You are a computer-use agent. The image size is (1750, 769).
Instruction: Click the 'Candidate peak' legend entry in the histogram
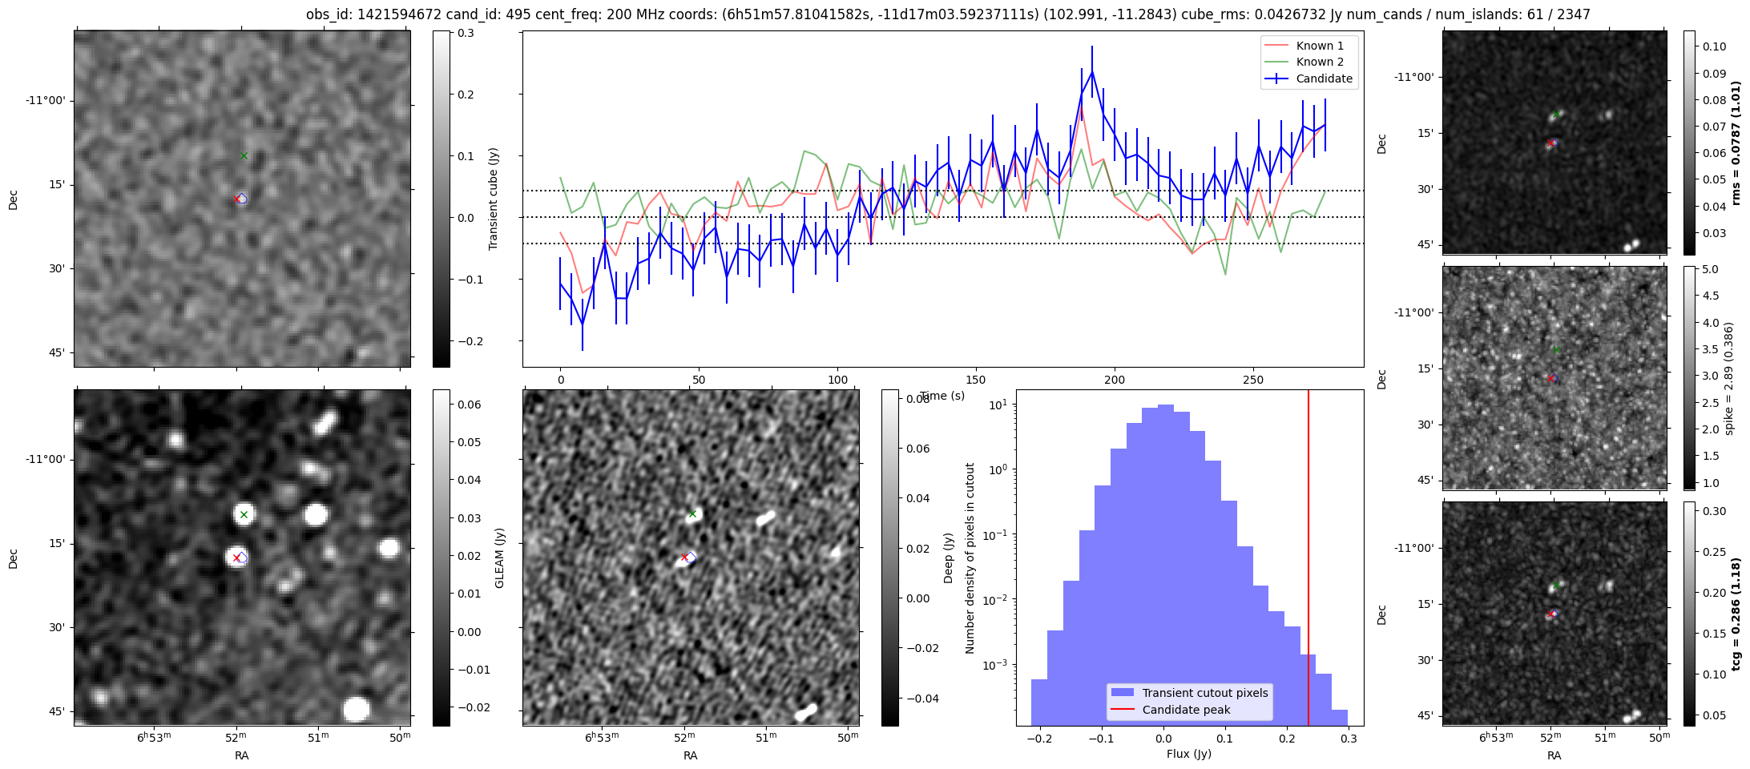coord(1186,710)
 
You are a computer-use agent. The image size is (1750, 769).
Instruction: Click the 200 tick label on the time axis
coord(1115,380)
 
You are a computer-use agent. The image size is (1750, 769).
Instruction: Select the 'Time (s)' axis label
coord(942,396)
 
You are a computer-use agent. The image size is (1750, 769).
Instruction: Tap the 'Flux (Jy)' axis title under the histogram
coord(1189,754)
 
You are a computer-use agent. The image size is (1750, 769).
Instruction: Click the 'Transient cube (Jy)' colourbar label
coord(494,199)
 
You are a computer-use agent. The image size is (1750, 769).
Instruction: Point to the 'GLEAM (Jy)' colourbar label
coord(500,558)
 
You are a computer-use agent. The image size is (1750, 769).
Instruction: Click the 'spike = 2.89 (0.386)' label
coord(1728,378)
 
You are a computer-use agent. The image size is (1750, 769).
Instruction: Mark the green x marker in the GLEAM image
coord(244,514)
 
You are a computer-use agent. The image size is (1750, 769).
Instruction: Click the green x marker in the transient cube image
coord(244,155)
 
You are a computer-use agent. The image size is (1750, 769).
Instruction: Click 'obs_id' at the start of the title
coord(326,14)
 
